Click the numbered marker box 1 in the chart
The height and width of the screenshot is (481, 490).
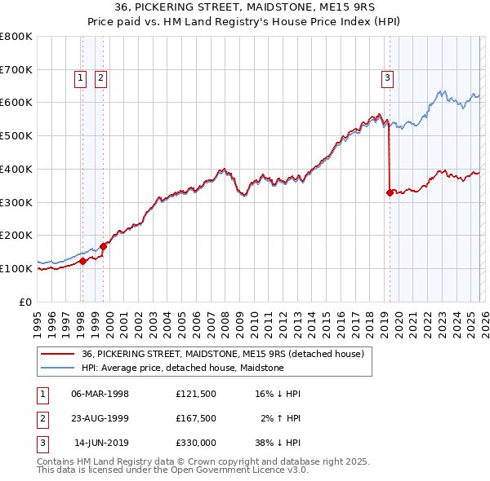82,78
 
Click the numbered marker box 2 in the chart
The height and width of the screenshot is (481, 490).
100,78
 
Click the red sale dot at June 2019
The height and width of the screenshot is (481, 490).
389,192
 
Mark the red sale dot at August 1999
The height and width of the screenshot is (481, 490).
104,245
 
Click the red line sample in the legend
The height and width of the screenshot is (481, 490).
58,354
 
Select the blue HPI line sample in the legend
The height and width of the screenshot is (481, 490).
58,368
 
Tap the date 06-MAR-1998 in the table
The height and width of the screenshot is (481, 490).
100,394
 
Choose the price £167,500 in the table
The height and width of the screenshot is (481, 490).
195,418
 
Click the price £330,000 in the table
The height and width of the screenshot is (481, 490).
195,443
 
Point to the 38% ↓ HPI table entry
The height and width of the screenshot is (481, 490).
276,443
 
